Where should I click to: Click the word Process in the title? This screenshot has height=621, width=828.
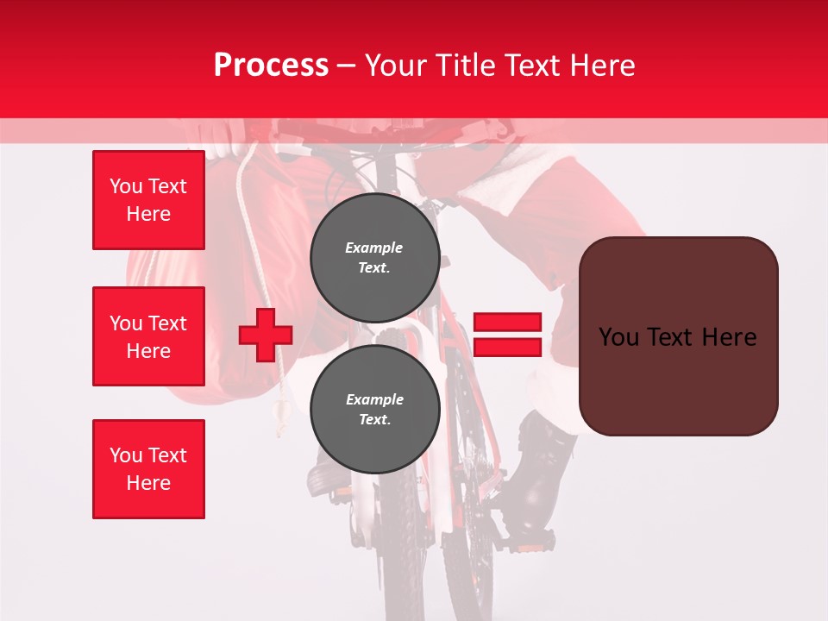271,66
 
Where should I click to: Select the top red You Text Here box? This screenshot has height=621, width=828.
148,200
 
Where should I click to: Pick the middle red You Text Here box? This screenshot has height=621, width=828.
148,336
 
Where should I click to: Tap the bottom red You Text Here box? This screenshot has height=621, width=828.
148,469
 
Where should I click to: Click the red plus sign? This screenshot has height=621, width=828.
266,334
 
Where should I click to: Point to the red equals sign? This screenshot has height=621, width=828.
507,335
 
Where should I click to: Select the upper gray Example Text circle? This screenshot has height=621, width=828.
374,258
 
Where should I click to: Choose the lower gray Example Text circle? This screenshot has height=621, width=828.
374,410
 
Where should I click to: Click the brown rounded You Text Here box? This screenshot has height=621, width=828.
678,336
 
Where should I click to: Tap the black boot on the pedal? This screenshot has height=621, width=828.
538,483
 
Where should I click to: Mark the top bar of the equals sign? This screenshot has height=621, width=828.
507,323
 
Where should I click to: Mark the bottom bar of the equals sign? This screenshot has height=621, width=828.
507,347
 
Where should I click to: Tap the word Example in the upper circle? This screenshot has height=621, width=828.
374,248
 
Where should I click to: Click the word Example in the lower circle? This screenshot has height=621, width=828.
374,399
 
